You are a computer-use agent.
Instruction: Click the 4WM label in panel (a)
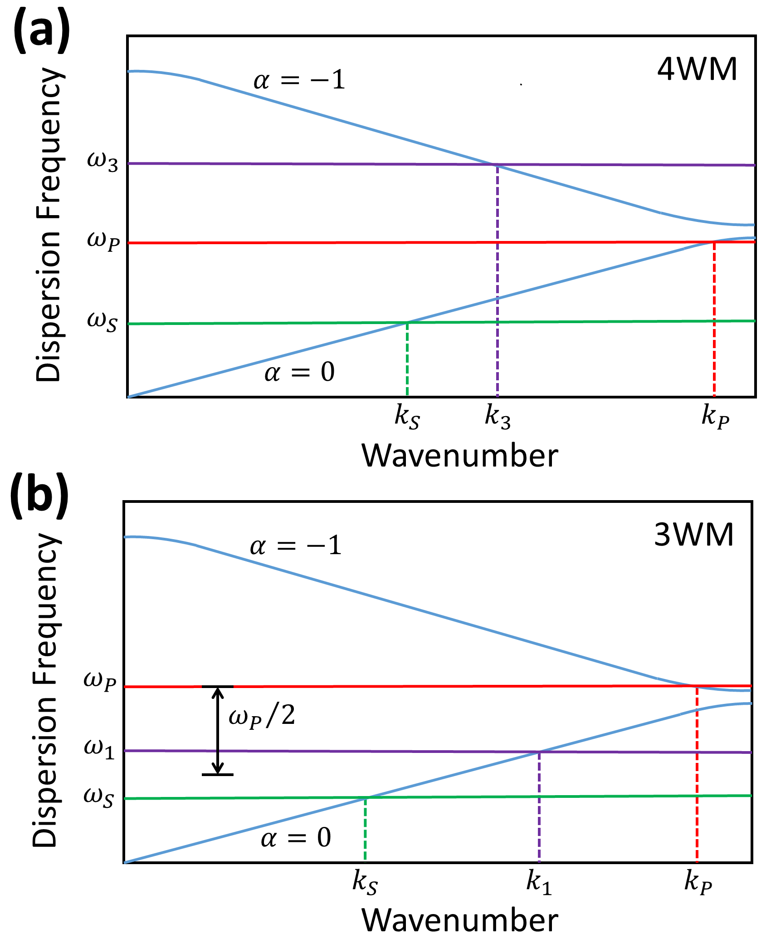point(697,70)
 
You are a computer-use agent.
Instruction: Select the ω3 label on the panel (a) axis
point(102,162)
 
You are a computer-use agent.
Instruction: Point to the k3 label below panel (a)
point(498,417)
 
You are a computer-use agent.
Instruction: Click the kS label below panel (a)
point(407,417)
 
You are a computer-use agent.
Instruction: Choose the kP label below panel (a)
point(715,417)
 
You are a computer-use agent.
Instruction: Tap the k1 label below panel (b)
point(539,883)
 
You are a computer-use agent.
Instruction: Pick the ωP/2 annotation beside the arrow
point(262,716)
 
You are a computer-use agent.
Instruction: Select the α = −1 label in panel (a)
point(299,81)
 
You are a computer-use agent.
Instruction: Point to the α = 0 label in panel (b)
point(296,837)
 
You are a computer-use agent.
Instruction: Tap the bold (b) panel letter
point(40,497)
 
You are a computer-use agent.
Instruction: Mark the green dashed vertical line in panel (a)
point(407,359)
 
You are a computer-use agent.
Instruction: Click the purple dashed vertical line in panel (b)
point(539,808)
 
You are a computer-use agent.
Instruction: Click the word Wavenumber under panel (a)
point(459,456)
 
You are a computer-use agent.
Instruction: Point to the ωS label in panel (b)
point(98,797)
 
